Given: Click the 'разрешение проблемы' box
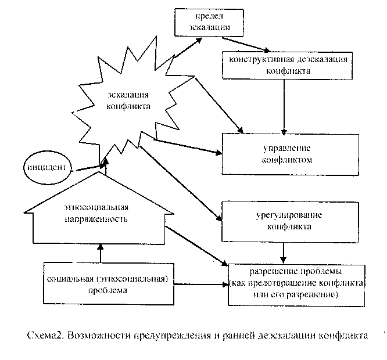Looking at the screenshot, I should [297, 283].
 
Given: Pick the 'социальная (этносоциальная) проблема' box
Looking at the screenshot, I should [109, 283].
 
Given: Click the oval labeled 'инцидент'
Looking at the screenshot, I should [45, 168].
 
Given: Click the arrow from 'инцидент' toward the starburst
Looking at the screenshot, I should [87, 167].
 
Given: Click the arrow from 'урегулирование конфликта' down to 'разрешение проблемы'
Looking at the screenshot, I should [283, 251].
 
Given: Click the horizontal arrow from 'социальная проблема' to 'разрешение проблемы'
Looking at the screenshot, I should [200, 285].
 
